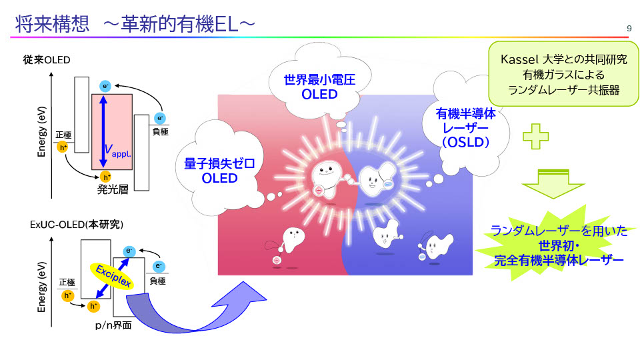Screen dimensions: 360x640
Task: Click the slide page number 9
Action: click(629, 27)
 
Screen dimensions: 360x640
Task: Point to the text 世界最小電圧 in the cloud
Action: click(319, 81)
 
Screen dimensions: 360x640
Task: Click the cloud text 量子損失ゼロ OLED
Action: click(219, 171)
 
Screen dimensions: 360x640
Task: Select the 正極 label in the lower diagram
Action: click(67, 282)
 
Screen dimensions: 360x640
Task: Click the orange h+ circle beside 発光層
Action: click(105, 177)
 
